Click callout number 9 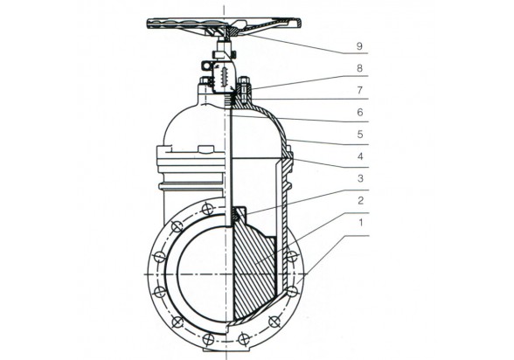tap(359, 46)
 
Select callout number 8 tap(359, 68)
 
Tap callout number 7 tap(359, 90)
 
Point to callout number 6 tap(360, 113)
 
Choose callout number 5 tap(360, 135)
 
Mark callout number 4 tap(360, 156)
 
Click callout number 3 tap(360, 178)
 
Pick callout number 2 tap(360, 200)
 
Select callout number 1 tap(361, 223)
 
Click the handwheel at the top tap(224, 24)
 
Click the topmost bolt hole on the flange tap(207, 209)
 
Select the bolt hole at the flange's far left tap(160, 257)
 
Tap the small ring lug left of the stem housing tap(206, 66)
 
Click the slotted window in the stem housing tap(224, 77)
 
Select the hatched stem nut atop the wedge tap(235, 216)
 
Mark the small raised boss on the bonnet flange tap(205, 149)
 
